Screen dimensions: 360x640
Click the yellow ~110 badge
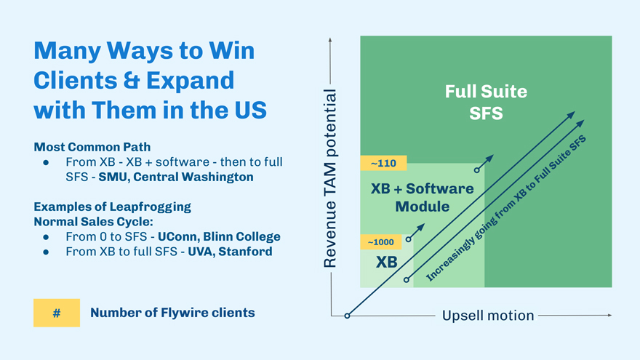point(383,163)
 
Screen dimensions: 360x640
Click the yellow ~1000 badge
point(381,242)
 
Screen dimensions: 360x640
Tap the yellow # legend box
point(57,313)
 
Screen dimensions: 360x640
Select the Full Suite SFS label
point(486,103)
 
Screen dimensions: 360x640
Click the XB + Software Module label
point(423,197)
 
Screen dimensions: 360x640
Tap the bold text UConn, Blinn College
point(218,237)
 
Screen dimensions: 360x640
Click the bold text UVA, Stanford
point(231,252)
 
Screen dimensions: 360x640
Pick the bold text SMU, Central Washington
point(176,177)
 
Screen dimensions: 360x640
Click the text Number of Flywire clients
point(172,313)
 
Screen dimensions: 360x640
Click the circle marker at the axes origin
point(347,316)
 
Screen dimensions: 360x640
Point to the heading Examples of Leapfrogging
point(112,207)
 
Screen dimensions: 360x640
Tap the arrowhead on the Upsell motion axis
point(609,316)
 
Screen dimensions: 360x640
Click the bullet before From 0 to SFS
point(46,237)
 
